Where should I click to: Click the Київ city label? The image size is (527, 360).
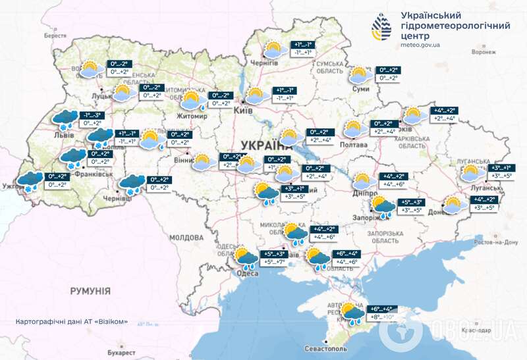click(x=241, y=111)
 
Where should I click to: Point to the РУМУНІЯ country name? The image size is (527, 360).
click(x=90, y=290)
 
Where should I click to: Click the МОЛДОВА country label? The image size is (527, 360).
click(x=186, y=237)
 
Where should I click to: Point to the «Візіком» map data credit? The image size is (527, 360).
click(x=72, y=322)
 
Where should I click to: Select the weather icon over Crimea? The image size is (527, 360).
click(x=351, y=314)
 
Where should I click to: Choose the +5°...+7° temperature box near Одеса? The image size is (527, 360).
click(x=275, y=262)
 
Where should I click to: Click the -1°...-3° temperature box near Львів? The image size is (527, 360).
click(x=92, y=115)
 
